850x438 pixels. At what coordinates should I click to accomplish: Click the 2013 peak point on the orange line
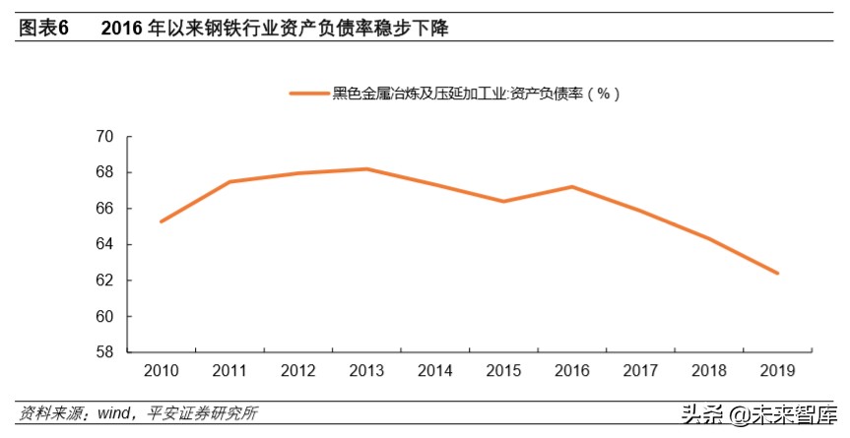[x=366, y=169]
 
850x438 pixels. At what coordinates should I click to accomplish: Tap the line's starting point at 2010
[x=161, y=221]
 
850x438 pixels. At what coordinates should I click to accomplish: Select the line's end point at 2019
[x=777, y=274]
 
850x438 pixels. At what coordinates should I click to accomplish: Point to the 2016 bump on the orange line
[x=572, y=186]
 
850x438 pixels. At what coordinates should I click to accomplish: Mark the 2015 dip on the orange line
[x=503, y=202]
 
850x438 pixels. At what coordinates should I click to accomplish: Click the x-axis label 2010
[x=161, y=371]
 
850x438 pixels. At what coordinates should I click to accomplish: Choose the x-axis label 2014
[x=434, y=371]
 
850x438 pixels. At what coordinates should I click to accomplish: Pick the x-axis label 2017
[x=640, y=371]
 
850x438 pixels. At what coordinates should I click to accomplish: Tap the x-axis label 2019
[x=777, y=371]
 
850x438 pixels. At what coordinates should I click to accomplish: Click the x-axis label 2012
[x=297, y=371]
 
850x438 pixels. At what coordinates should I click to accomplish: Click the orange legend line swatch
[x=309, y=94]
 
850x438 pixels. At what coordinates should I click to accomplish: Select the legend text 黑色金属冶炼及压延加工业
[x=419, y=94]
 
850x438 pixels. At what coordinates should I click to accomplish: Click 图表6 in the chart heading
[x=43, y=30]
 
